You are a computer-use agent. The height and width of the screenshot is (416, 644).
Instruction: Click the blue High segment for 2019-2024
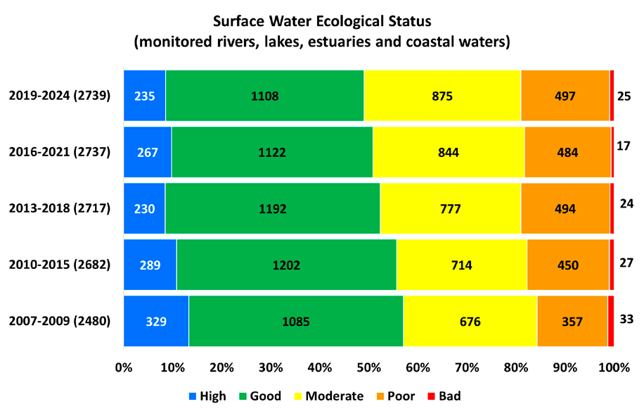coord(144,96)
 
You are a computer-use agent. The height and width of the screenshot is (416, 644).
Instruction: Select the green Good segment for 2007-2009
coord(295,322)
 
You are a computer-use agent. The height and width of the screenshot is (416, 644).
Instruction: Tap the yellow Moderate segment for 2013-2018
coord(450,208)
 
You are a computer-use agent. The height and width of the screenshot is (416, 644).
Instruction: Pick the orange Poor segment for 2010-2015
coord(568,265)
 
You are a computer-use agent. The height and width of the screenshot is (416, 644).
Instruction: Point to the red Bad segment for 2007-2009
coord(610,322)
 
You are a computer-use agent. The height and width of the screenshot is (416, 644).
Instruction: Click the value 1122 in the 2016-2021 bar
coord(272,152)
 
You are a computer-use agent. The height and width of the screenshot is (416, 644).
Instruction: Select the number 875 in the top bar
coord(442,96)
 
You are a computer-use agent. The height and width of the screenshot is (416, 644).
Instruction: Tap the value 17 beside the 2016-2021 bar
coord(623,146)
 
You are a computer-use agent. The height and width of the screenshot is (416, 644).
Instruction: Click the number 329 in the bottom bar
coord(156,322)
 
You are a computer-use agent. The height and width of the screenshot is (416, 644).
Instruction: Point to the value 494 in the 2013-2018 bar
coord(565,208)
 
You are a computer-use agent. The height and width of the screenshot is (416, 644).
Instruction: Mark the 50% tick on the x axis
coord(368,367)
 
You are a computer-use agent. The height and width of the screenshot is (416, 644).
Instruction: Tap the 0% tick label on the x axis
coord(124,367)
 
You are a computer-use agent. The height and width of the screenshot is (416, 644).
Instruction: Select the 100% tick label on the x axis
coord(616,367)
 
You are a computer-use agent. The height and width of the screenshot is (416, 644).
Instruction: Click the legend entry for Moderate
coord(331,396)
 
